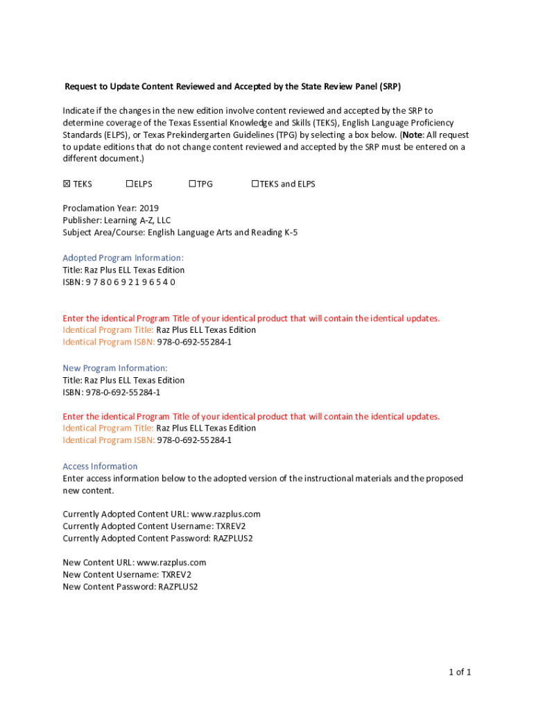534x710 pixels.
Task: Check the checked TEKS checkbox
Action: (x=67, y=184)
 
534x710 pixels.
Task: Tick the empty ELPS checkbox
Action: (x=129, y=184)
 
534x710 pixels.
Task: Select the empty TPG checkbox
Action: (x=192, y=184)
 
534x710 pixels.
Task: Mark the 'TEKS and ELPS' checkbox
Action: (x=255, y=184)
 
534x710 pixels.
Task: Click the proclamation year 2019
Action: (x=149, y=208)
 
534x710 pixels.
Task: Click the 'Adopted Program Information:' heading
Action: (x=123, y=258)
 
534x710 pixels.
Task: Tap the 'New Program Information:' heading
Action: (x=115, y=368)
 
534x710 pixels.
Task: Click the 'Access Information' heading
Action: (x=100, y=467)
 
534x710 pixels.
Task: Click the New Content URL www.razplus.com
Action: (x=171, y=562)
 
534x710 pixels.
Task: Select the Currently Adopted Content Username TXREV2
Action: (x=230, y=526)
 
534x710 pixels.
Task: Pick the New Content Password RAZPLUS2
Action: (x=178, y=587)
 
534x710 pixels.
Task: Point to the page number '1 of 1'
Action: (x=459, y=672)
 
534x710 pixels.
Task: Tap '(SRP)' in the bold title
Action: (x=390, y=87)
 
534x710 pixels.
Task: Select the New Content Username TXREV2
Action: (x=176, y=575)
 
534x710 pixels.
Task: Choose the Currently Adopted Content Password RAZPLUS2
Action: (x=233, y=539)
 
